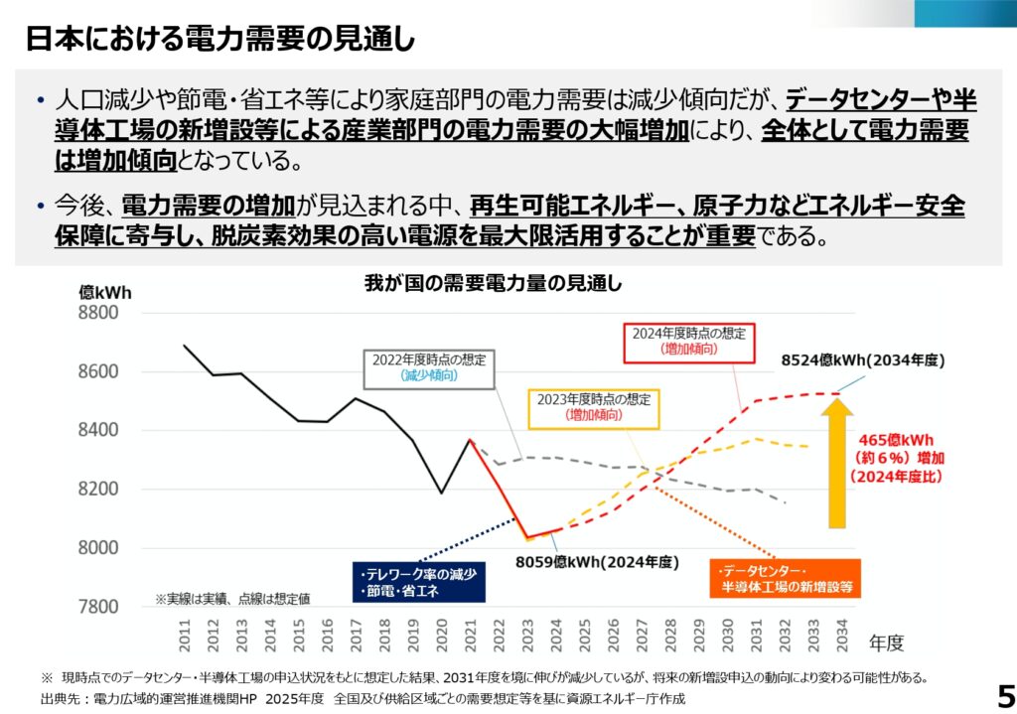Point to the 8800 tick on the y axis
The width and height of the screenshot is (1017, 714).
click(x=97, y=313)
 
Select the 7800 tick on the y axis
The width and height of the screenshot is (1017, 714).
click(x=97, y=607)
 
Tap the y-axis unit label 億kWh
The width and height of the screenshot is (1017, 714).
click(x=104, y=293)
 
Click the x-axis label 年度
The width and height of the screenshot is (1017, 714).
click(x=884, y=643)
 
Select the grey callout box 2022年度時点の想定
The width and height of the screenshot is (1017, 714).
click(x=430, y=367)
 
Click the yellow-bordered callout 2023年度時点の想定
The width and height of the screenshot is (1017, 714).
click(x=594, y=406)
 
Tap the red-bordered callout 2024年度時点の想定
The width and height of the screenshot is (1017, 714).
click(x=689, y=341)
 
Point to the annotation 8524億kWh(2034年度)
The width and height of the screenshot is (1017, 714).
click(x=862, y=361)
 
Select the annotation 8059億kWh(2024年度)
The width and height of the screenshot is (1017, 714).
click(x=597, y=562)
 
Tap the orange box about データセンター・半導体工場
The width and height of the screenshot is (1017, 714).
click(x=785, y=579)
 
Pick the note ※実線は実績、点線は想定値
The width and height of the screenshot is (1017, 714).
click(x=232, y=599)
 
